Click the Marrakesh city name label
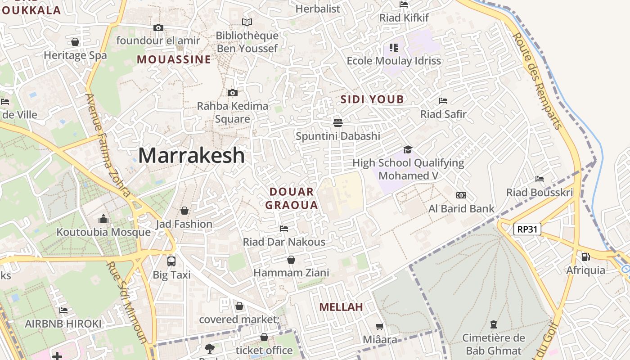tap(192, 156)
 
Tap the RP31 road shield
tap(527, 229)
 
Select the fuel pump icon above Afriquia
tap(585, 257)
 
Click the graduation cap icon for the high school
tap(408, 149)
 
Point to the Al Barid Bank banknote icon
tap(461, 195)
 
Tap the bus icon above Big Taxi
tap(171, 261)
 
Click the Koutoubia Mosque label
tap(103, 232)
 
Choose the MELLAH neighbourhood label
tap(341, 307)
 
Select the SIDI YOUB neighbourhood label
tap(372, 99)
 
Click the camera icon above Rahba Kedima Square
tap(233, 93)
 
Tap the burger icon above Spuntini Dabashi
tap(338, 122)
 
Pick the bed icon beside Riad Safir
tap(443, 101)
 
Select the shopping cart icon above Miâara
tap(380, 326)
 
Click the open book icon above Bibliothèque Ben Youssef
tap(247, 22)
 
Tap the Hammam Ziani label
tap(291, 273)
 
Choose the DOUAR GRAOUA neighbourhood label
tap(292, 198)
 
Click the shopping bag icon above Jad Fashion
tap(184, 211)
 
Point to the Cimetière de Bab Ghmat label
tap(493, 344)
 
